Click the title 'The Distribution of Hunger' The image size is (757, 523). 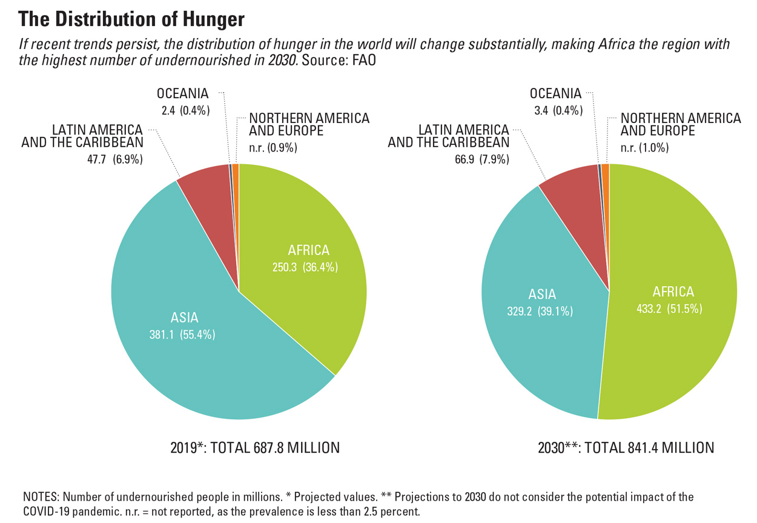131,19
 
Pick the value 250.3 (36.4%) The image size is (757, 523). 305,267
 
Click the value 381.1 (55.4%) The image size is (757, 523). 182,333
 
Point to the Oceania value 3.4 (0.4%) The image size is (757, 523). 556,110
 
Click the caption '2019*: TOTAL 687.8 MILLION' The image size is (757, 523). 255,448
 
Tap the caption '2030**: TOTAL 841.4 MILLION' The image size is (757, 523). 626,448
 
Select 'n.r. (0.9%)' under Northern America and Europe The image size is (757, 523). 273,147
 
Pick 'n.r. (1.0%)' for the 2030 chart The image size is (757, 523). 645,147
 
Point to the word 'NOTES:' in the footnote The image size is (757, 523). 41,497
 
